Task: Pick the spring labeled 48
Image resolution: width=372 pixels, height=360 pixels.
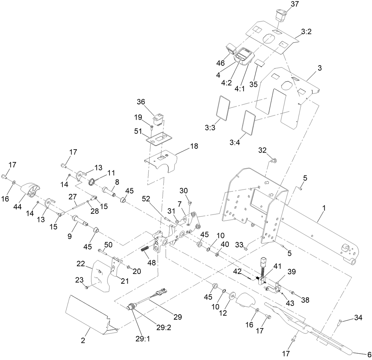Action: coord(144,251)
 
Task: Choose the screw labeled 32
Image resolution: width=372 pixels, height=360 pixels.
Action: coord(273,160)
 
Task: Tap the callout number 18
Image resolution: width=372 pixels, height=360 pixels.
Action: coord(194,146)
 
